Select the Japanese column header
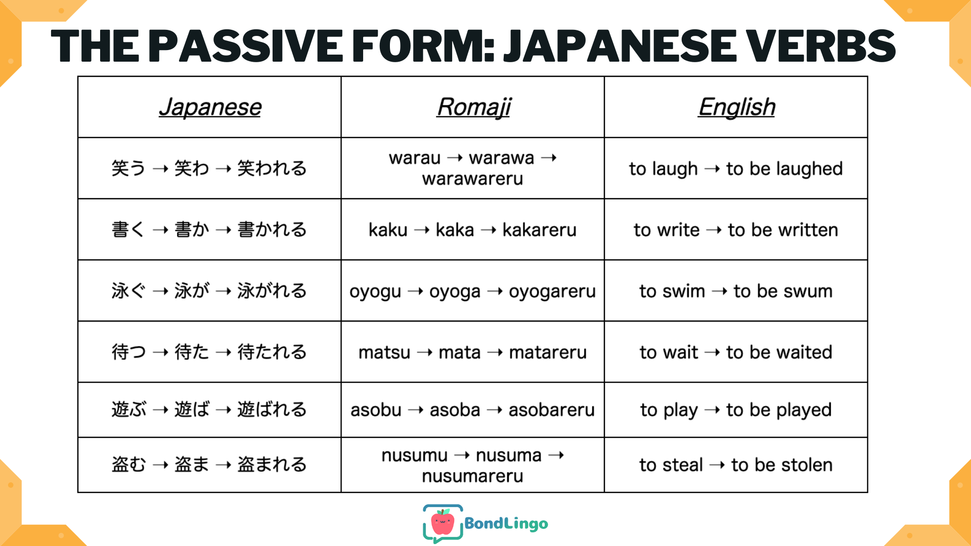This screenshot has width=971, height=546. [210, 107]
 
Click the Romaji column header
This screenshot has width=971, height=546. [474, 107]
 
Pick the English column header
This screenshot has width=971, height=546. [736, 107]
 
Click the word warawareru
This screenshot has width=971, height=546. [472, 179]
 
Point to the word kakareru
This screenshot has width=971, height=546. [539, 230]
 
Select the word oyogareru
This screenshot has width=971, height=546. [552, 292]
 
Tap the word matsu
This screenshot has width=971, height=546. [384, 352]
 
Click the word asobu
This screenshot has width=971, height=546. [376, 409]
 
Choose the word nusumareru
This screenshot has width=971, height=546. [472, 476]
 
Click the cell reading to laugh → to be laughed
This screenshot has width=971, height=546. [736, 169]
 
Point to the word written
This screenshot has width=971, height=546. [808, 230]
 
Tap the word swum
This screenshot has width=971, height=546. [808, 292]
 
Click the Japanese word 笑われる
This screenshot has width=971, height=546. [272, 168]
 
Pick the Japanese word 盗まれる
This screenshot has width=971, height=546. [272, 464]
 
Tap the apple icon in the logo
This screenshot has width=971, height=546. [443, 523]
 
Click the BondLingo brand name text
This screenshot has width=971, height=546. [506, 524]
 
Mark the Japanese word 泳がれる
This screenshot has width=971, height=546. [272, 291]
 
